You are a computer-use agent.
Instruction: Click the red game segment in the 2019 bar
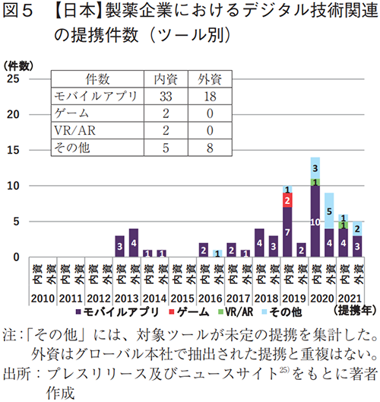click(x=287, y=199)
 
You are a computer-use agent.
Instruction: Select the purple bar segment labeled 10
click(x=315, y=221)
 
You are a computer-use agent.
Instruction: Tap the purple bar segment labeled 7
click(x=287, y=231)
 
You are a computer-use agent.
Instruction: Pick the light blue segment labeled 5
click(x=328, y=211)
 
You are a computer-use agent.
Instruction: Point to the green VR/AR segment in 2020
click(x=315, y=182)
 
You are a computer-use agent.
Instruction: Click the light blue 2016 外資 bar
click(x=217, y=254)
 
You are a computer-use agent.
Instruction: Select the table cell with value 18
click(x=208, y=95)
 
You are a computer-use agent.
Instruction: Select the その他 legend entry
click(x=286, y=312)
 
